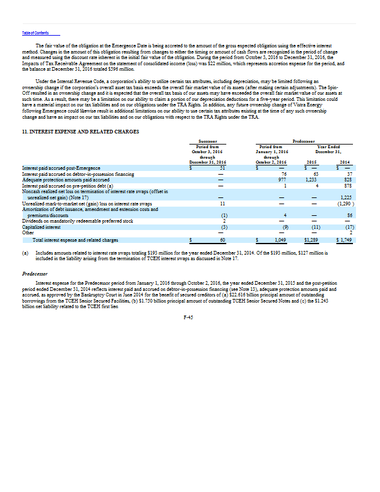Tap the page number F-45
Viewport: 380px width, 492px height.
tap(189, 315)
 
